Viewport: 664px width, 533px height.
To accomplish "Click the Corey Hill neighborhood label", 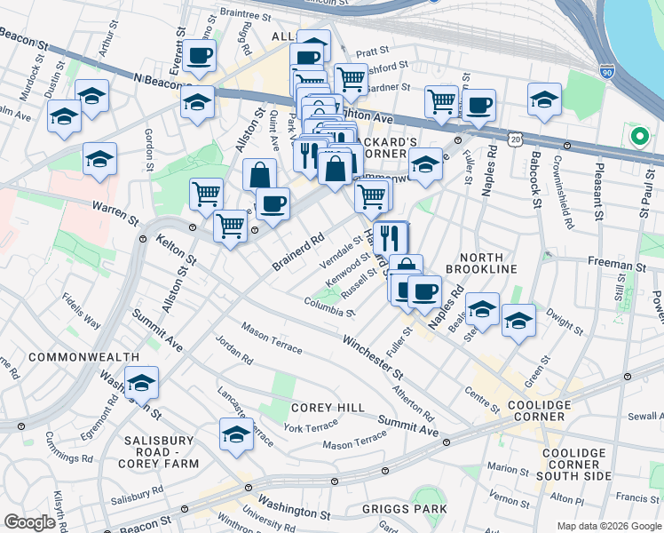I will tap(328, 408).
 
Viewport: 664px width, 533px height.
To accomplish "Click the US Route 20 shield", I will tap(516, 139).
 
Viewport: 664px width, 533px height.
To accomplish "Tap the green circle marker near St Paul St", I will tap(637, 137).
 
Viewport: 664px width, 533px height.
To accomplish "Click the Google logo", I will tap(30, 522).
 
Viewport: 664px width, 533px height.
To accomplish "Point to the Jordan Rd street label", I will tap(234, 349).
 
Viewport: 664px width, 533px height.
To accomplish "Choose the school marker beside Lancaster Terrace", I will tap(236, 435).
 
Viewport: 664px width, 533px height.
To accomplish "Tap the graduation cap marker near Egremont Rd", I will tap(141, 384).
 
